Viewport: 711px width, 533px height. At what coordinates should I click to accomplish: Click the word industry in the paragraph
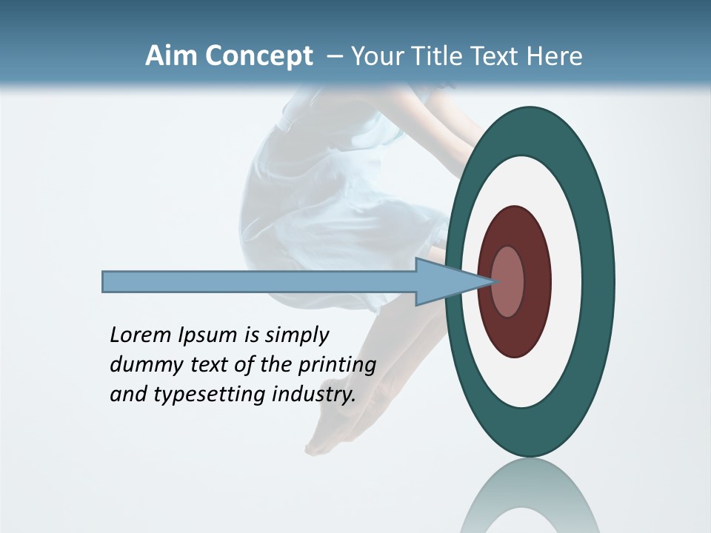(x=314, y=395)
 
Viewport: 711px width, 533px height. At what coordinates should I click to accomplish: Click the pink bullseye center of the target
(x=508, y=281)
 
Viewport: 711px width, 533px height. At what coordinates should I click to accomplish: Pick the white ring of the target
(x=563, y=281)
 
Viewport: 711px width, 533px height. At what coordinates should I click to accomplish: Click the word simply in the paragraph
(x=296, y=336)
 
